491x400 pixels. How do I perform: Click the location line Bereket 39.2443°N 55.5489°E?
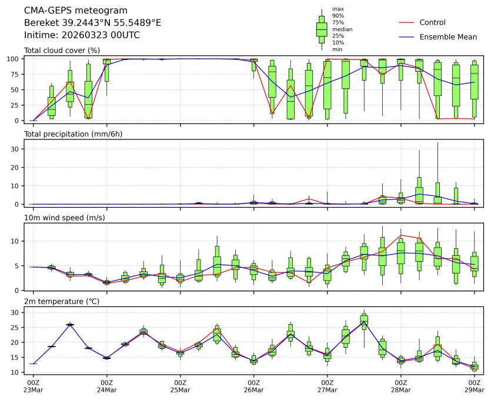click(92, 23)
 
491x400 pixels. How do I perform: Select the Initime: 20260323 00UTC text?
click(82, 35)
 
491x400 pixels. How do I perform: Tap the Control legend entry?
click(432, 22)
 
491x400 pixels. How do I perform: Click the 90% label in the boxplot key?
click(338, 16)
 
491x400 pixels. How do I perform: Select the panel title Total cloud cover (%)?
click(61, 51)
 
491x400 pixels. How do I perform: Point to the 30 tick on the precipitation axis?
click(16, 149)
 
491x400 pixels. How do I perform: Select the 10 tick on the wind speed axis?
click(16, 241)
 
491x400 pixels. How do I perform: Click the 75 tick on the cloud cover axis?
click(16, 74)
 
